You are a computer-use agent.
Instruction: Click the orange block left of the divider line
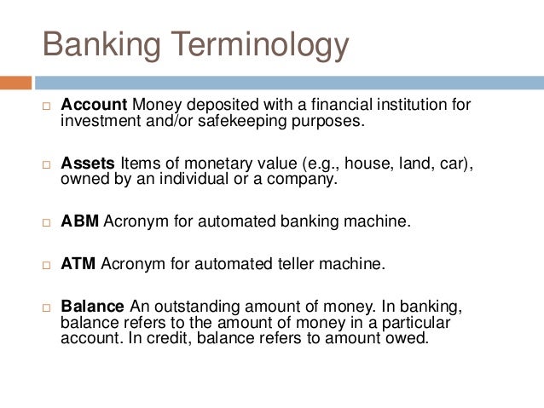pyautogui.click(x=15, y=83)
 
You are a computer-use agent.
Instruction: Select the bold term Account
pyautogui.click(x=94, y=105)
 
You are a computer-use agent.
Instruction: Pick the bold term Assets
pyautogui.click(x=88, y=164)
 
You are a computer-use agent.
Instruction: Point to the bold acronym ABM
pyautogui.click(x=80, y=221)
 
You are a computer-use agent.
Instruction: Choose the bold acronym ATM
pyautogui.click(x=79, y=264)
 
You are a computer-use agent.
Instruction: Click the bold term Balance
pyautogui.click(x=93, y=307)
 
